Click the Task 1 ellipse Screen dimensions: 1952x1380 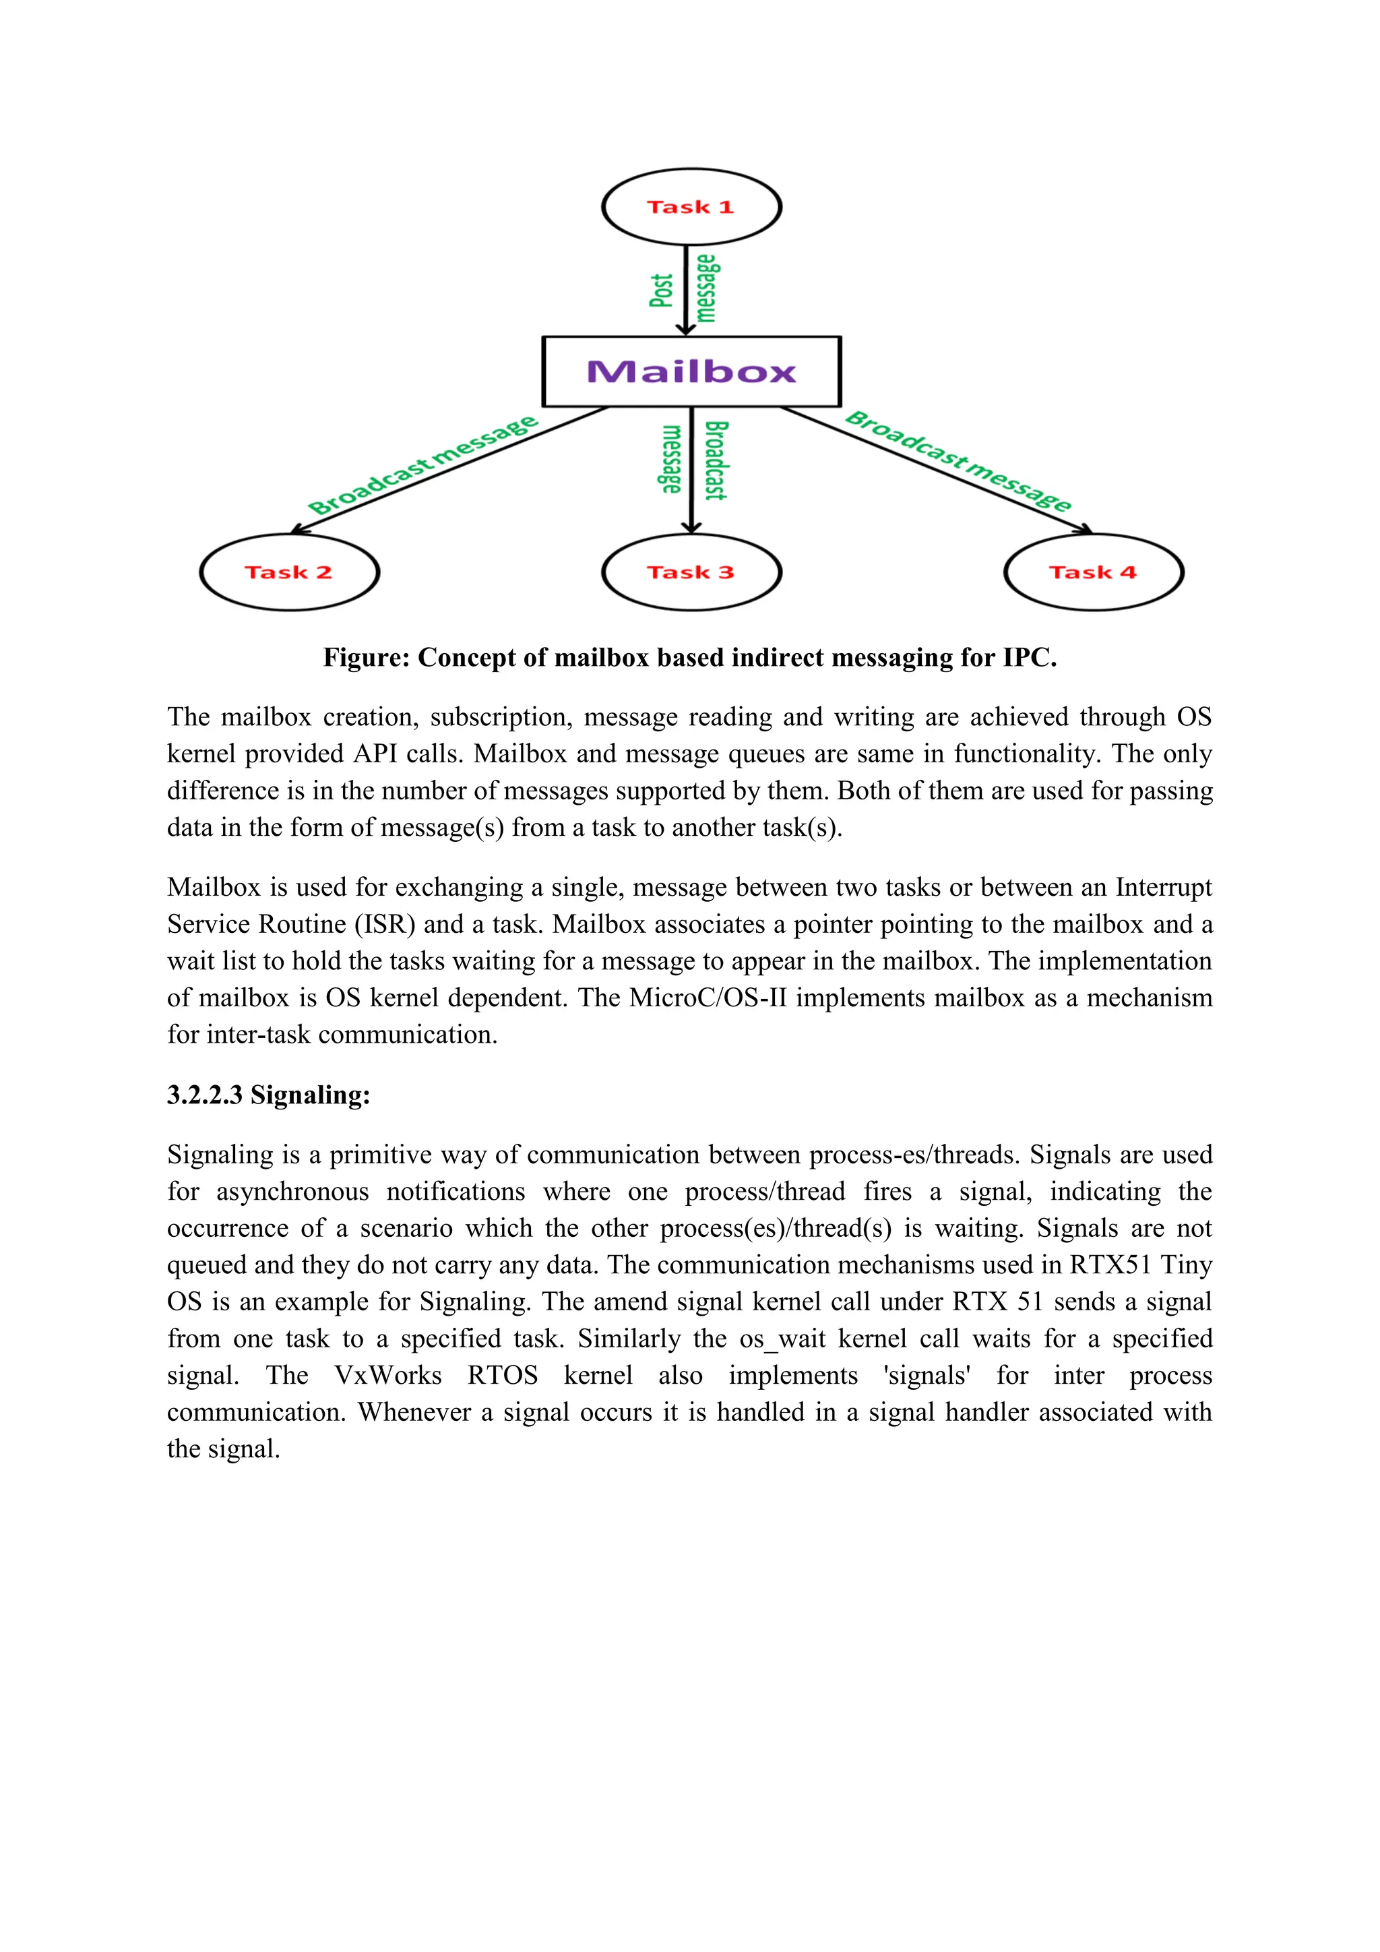(691, 207)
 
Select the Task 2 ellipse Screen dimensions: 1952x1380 (289, 572)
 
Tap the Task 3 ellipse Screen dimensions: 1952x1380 (691, 572)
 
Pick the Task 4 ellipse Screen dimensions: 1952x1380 (1093, 572)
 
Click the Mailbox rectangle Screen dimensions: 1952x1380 (691, 371)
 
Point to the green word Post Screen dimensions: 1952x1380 (661, 290)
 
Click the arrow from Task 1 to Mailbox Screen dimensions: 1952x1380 (686, 289)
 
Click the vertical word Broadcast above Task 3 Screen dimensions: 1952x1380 (716, 460)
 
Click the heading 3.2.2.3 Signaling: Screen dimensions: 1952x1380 (269, 1095)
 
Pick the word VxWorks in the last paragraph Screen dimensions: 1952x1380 (387, 1376)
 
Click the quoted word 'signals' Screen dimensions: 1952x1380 (927, 1376)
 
